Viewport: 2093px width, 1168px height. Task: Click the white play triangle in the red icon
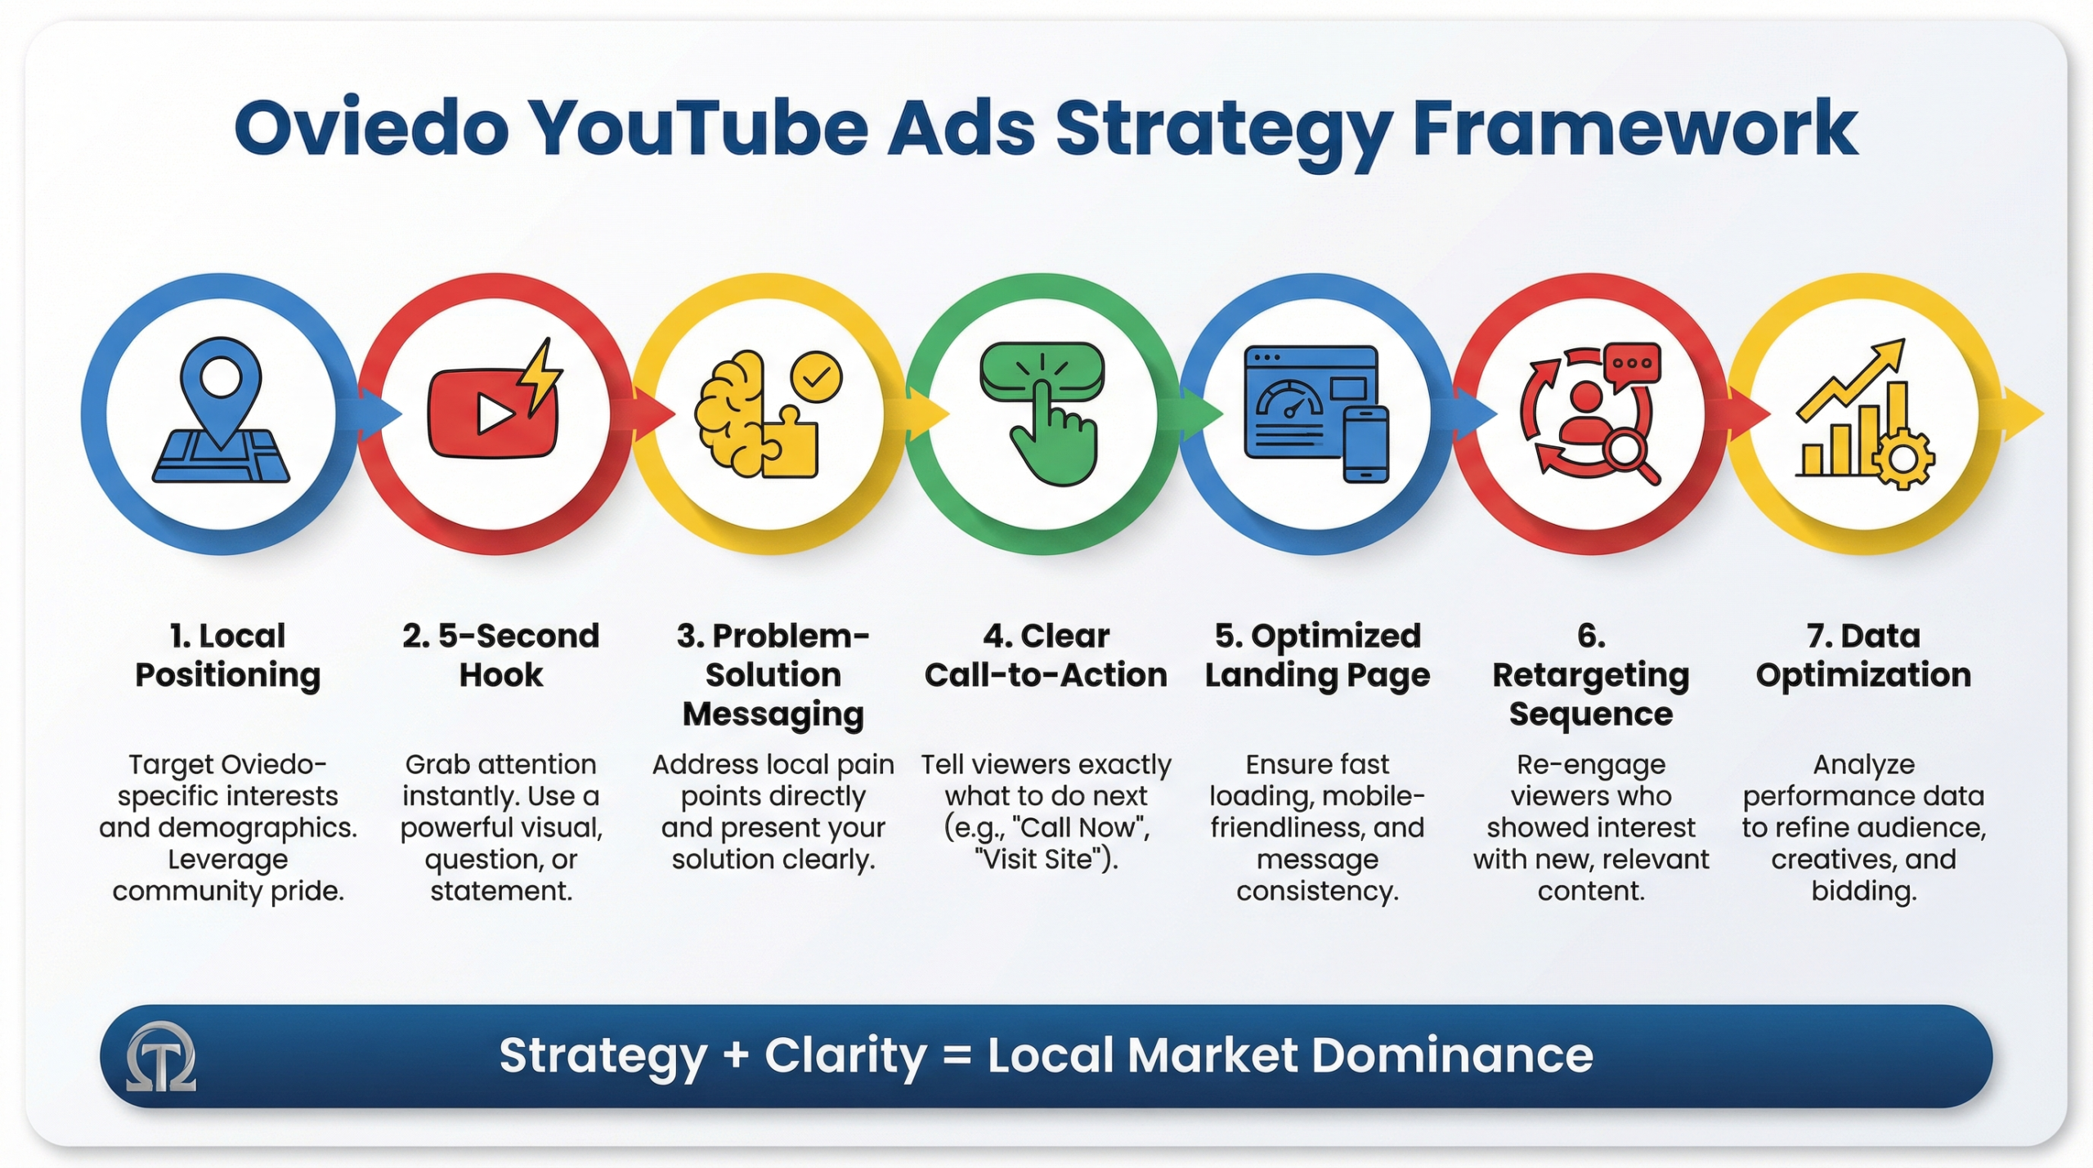(494, 414)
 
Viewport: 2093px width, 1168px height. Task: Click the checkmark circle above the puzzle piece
(816, 377)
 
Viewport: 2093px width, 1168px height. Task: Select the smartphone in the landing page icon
(1365, 444)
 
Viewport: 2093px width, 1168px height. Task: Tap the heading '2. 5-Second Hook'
(500, 656)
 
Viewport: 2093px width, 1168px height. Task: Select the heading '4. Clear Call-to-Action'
(1046, 656)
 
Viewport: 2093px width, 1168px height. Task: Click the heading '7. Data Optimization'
(1863, 656)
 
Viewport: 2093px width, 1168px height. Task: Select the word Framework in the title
(1635, 128)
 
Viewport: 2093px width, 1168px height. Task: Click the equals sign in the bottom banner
(957, 1055)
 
